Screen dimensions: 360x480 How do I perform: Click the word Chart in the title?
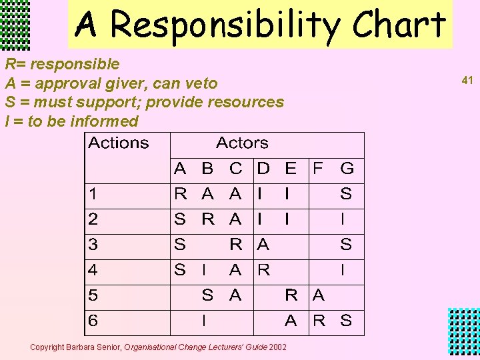[x=399, y=25]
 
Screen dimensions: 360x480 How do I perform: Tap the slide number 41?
[x=467, y=80]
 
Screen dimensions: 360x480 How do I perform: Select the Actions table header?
[x=119, y=143]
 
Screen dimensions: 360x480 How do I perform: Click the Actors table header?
[x=242, y=143]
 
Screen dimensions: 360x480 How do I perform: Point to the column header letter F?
[x=319, y=168]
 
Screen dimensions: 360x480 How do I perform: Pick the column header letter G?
[x=347, y=168]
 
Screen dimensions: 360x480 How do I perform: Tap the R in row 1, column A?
[x=180, y=194]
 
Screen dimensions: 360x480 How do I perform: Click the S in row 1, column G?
[x=346, y=194]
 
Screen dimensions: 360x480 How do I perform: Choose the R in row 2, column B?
[x=208, y=219]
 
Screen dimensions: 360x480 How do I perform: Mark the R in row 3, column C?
[x=235, y=245]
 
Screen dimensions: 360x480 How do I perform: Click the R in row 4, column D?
[x=263, y=270]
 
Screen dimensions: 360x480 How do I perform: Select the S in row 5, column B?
[x=208, y=295]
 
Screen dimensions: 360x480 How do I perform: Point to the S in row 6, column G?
[x=346, y=321]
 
